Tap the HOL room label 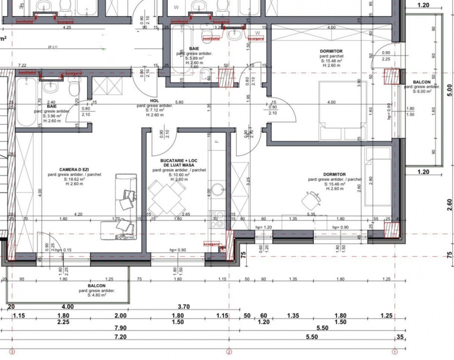pyautogui.click(x=154, y=100)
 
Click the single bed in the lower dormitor pyautogui.click(x=378, y=175)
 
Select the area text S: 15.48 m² pyautogui.click(x=331, y=60)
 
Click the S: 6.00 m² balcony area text pyautogui.click(x=421, y=91)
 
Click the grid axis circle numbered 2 pyautogui.click(x=229, y=351)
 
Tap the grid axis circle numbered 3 pyautogui.click(x=12, y=351)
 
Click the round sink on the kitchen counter pyautogui.click(x=218, y=190)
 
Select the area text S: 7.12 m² pyautogui.click(x=155, y=110)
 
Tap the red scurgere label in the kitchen pyautogui.click(x=212, y=243)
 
